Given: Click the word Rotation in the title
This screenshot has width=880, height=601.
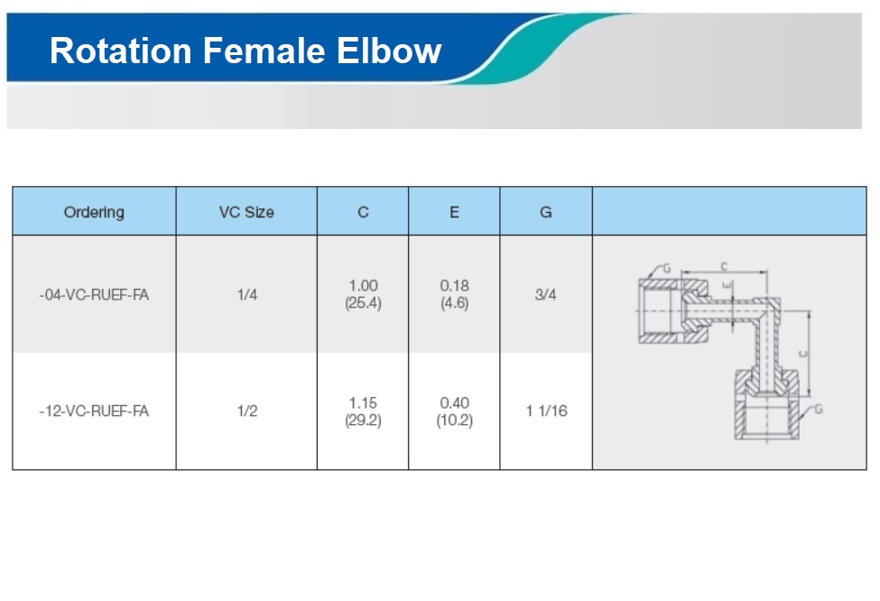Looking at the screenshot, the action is (121, 51).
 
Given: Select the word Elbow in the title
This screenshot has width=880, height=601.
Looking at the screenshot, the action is (389, 51).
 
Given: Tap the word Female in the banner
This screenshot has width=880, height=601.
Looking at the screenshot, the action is (264, 51).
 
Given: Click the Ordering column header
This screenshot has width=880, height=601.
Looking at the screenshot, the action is (94, 212).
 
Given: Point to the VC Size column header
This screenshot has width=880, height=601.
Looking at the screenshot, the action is (246, 212).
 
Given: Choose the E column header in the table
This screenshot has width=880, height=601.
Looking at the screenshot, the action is (454, 212).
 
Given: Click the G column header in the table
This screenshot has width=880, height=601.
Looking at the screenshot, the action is (545, 212).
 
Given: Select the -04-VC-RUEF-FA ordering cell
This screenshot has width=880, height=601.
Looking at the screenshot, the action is (94, 294).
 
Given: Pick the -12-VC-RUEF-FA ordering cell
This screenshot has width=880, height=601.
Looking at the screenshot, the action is (94, 411).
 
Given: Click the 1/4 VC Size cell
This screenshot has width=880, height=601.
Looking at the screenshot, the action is (247, 294).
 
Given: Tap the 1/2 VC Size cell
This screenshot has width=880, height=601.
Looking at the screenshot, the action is (247, 411).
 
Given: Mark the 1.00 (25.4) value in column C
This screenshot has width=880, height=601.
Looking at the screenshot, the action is (363, 294).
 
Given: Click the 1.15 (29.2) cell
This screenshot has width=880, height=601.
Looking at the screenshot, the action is (363, 411).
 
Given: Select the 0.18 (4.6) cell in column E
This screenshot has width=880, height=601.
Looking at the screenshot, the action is (454, 294).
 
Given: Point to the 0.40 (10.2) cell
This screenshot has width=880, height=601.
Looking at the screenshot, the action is (454, 411).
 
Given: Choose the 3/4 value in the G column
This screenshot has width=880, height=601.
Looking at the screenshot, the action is (545, 294).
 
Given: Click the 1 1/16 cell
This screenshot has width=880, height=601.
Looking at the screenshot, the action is (547, 411).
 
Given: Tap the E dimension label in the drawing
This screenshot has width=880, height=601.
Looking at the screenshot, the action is (727, 286).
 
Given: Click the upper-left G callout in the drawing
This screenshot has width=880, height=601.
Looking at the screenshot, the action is (667, 268).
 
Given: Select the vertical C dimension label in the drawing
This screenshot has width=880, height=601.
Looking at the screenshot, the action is (802, 354).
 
